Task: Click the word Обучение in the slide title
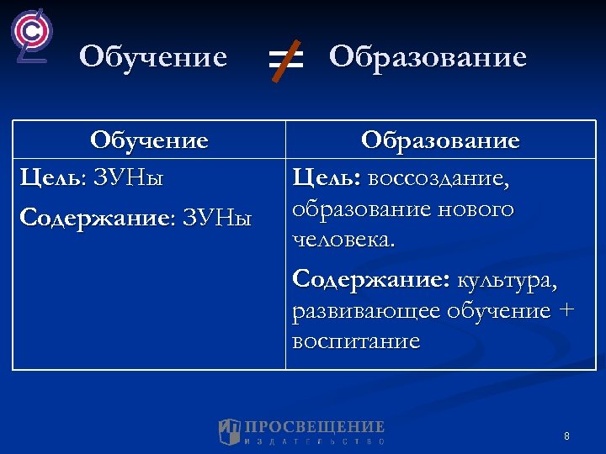(x=153, y=58)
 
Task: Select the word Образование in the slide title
(x=428, y=58)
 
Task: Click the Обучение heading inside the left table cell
(x=149, y=140)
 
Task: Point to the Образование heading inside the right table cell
(x=440, y=140)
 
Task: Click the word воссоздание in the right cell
(x=439, y=178)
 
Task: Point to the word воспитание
(x=355, y=341)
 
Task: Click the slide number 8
(x=566, y=436)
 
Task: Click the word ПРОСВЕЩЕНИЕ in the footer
(x=314, y=427)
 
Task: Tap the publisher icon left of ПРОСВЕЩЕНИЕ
(x=229, y=431)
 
